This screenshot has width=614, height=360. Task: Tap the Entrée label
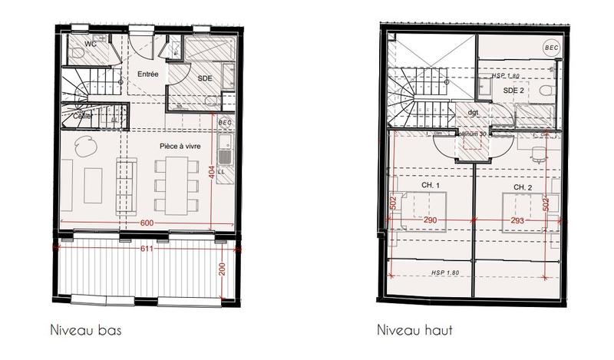(x=148, y=74)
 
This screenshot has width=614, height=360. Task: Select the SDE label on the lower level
(x=205, y=78)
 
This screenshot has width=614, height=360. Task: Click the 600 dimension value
(x=147, y=223)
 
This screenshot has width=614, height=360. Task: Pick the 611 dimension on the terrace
(x=147, y=249)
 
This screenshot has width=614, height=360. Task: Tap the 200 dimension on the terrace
(x=222, y=268)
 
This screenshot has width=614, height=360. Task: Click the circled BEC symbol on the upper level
(x=551, y=46)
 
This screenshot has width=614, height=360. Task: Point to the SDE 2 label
(x=513, y=91)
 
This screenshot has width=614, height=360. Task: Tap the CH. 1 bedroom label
(x=430, y=186)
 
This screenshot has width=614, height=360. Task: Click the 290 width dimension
(x=431, y=220)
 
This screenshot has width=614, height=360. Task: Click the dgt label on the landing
(x=472, y=113)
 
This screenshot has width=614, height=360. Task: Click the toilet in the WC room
(x=77, y=54)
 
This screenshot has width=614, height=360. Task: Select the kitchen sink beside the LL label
(x=224, y=157)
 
